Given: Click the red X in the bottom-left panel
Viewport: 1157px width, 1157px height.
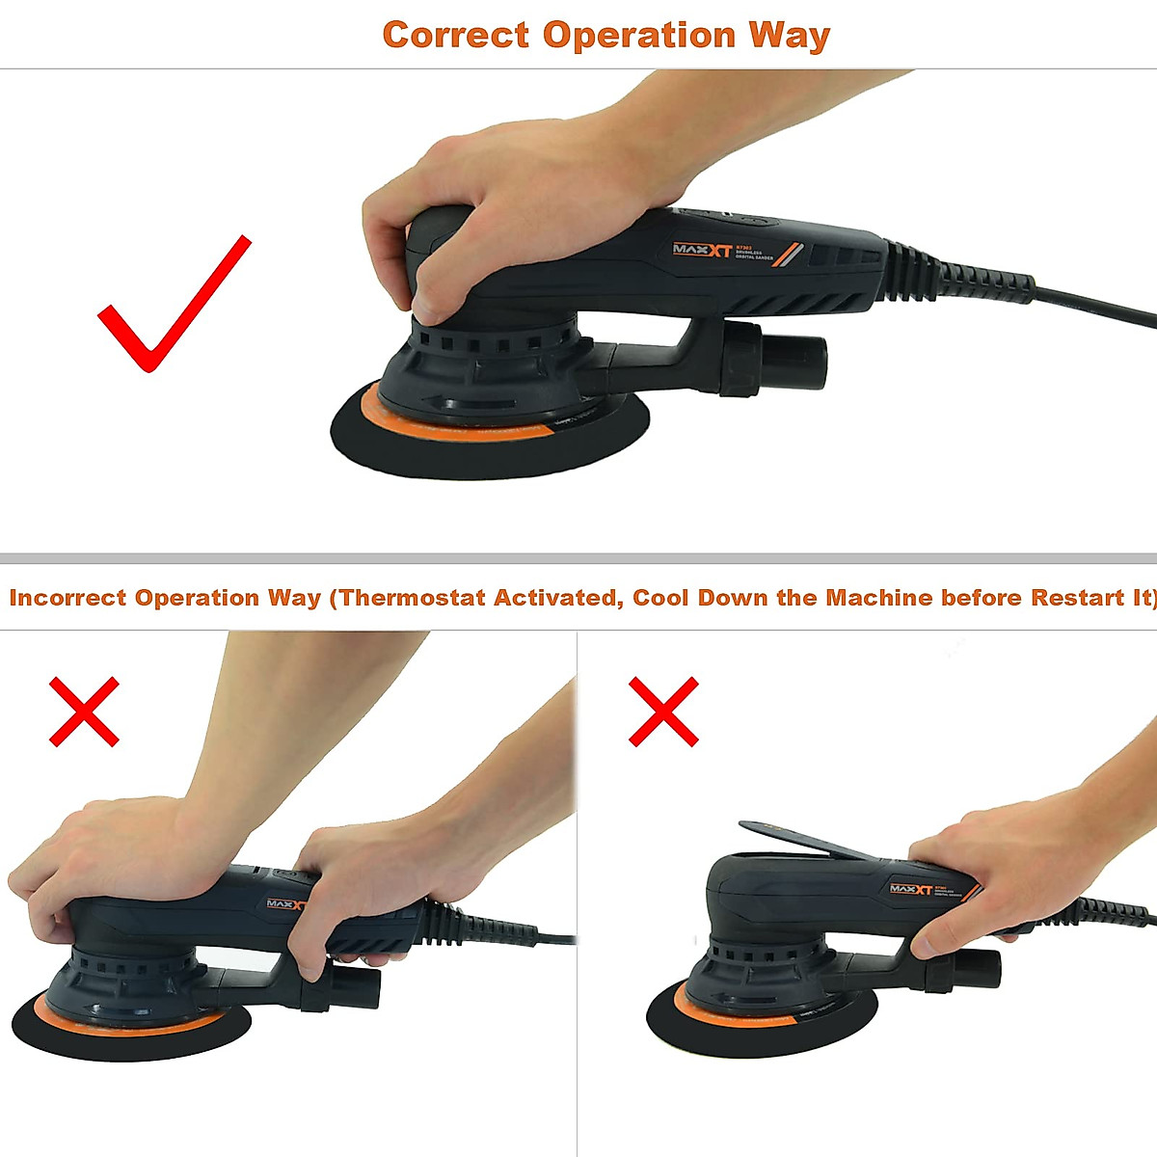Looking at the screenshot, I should click(85, 712).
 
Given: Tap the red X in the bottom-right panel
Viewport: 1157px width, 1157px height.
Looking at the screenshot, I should click(663, 712).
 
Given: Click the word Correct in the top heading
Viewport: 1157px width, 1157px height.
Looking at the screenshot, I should click(455, 36).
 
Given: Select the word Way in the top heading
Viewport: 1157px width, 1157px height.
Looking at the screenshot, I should click(789, 36).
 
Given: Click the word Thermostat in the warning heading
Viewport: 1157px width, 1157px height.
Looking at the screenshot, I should click(414, 598).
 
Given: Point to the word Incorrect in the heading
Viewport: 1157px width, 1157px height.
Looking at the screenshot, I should click(67, 598).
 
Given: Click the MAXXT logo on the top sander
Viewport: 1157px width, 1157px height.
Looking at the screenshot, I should click(702, 251).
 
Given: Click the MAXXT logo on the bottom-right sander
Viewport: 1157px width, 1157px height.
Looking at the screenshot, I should click(911, 889).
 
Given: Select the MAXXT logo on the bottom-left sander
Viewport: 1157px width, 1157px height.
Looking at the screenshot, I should click(285, 904).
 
